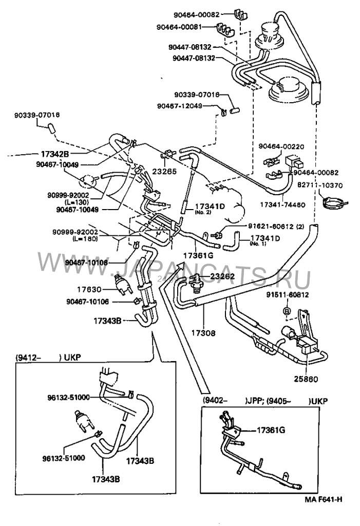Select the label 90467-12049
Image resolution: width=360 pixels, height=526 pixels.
(180, 106)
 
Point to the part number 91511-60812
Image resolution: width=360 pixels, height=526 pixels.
(287, 295)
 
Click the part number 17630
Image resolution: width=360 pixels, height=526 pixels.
(104, 289)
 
